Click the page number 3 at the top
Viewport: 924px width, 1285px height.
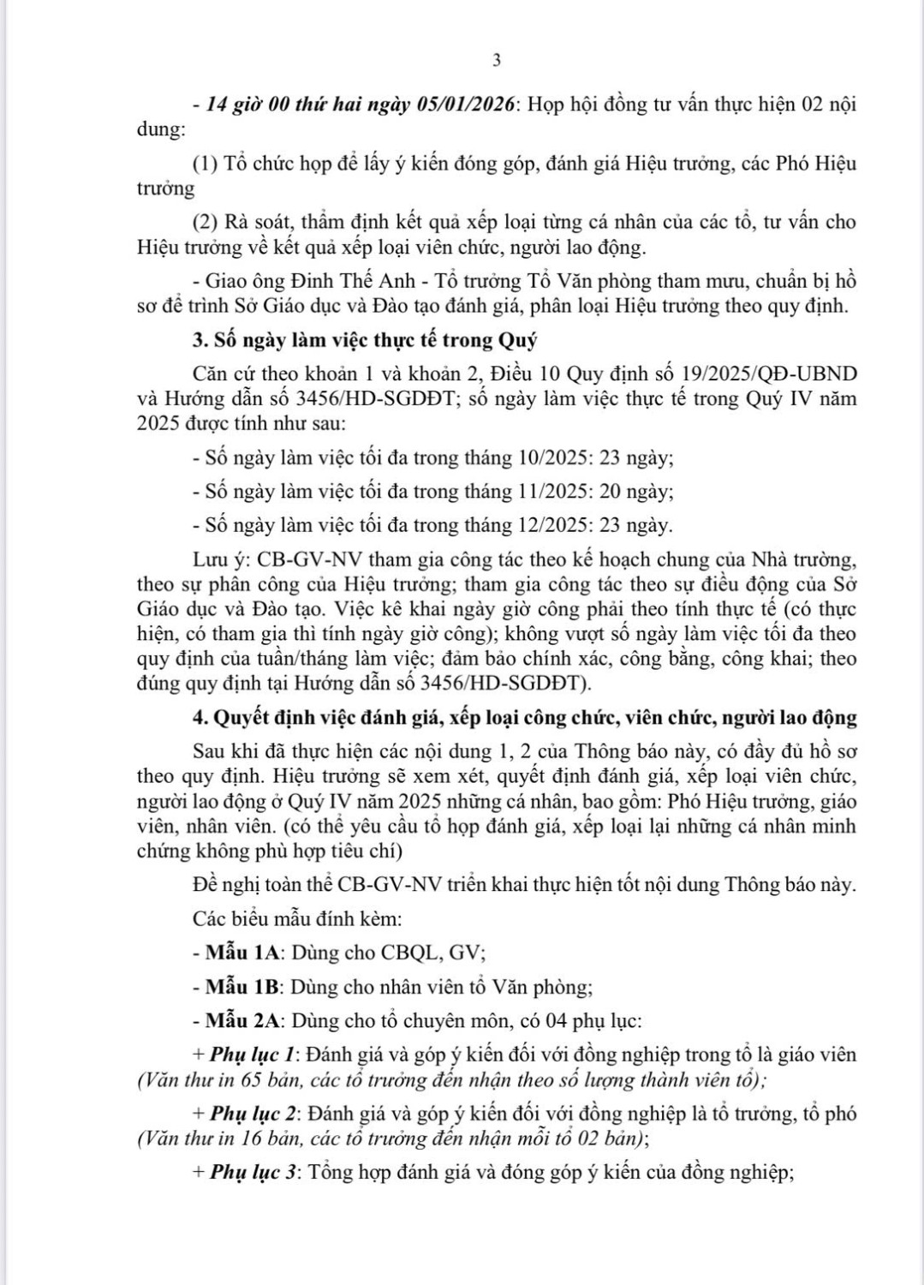497,60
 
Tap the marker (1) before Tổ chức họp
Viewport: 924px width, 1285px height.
206,164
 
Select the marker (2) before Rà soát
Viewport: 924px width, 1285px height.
206,222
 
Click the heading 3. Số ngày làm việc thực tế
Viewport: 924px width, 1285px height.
365,340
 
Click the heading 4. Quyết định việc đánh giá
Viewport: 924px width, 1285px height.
525,718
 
